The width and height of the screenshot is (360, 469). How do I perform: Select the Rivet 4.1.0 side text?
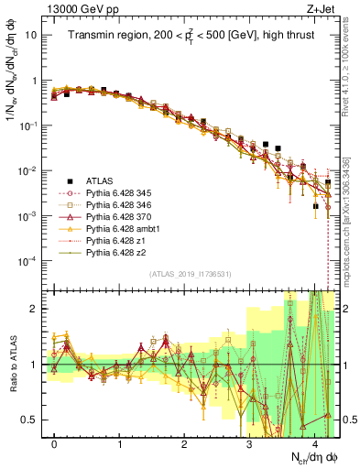coord(349,64)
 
